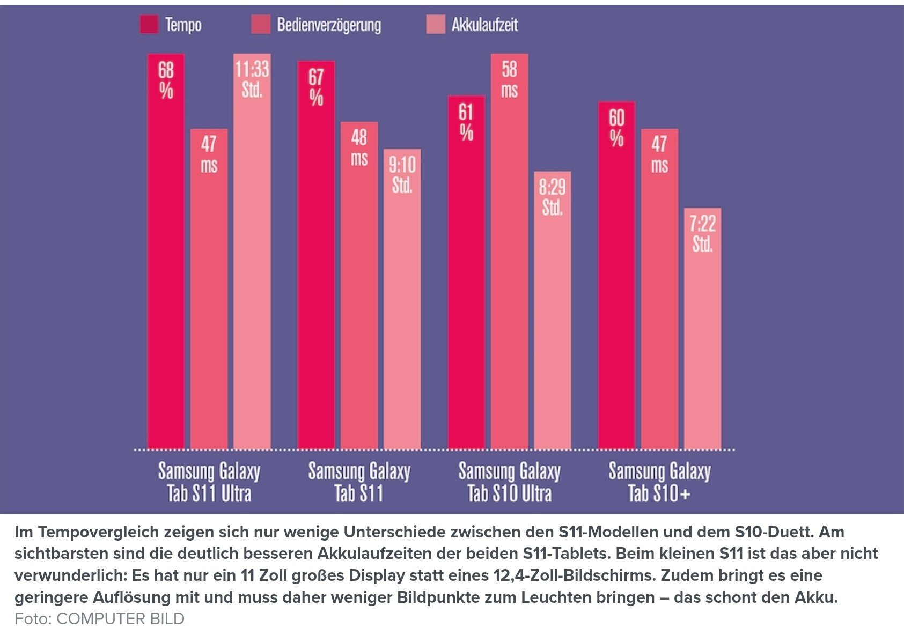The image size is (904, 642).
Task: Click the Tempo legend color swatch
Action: pos(149,25)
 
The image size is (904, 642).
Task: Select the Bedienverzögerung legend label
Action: pos(328,25)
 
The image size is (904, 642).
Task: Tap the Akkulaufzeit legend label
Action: pos(484,25)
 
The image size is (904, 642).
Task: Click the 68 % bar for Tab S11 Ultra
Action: pos(166,252)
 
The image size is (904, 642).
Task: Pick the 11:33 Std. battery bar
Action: pos(252,252)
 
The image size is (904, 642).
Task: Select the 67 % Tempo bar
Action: pos(316,257)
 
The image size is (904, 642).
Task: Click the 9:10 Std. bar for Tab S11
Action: pos(402,300)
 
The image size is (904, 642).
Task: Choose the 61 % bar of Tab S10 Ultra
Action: pos(466,274)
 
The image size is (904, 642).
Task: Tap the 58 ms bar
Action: pos(509,252)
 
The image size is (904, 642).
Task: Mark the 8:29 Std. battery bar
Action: pos(552,311)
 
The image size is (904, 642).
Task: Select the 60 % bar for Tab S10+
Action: pos(616,276)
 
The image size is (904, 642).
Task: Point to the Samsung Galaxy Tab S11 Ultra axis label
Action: pos(209,482)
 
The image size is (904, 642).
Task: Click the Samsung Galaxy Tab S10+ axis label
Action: pos(659,482)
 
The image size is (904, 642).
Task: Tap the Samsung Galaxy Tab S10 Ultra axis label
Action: pos(509,482)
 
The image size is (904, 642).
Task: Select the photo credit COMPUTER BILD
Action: pos(120,618)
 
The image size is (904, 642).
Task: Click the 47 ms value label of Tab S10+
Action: pos(659,154)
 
